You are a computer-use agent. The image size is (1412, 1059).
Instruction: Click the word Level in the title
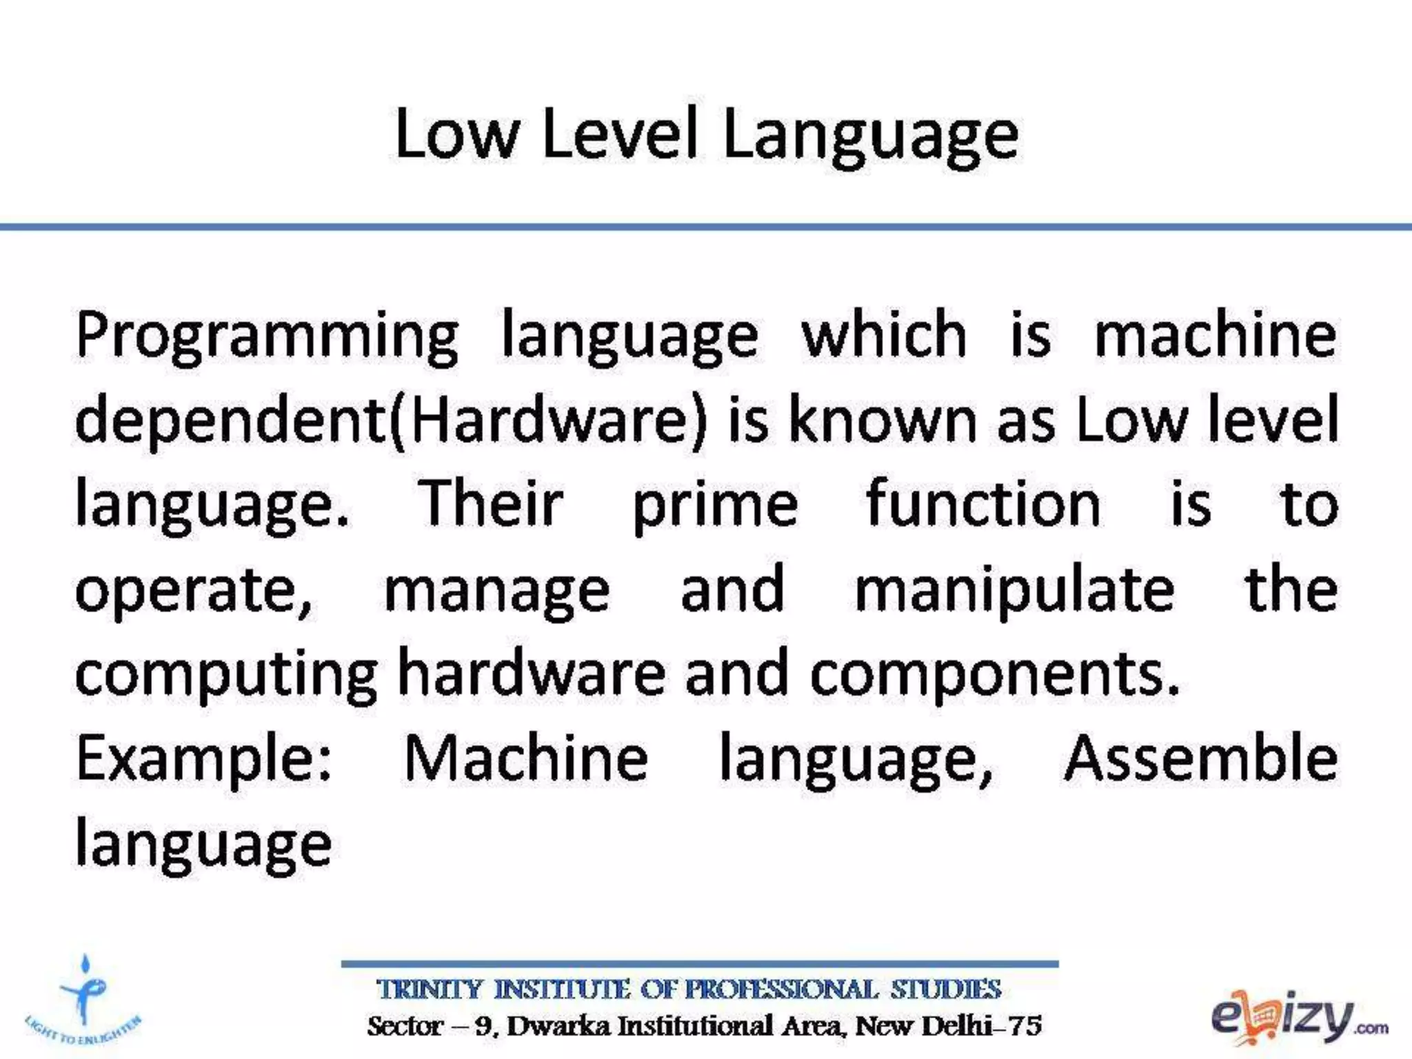click(x=621, y=134)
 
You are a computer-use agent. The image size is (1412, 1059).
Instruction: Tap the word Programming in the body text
click(x=267, y=338)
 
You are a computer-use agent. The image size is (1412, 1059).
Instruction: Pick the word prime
click(x=716, y=507)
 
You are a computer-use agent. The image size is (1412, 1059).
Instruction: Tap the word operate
click(x=194, y=592)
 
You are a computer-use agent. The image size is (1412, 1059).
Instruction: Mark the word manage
click(x=497, y=592)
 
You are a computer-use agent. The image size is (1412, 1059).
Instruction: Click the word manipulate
click(x=1014, y=592)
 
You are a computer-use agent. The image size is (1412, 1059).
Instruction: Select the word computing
click(x=226, y=676)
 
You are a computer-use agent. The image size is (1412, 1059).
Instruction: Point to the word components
click(x=994, y=676)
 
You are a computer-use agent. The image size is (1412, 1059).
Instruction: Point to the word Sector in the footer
click(x=404, y=1026)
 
